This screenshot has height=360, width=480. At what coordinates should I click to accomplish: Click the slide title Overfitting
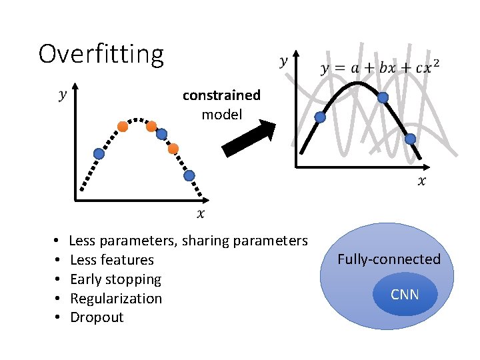click(101, 54)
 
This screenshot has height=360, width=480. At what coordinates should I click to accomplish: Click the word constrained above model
click(221, 95)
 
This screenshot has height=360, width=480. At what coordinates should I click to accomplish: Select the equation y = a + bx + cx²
click(380, 68)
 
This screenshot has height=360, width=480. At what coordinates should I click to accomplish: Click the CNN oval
click(405, 294)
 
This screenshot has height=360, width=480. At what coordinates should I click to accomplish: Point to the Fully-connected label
click(389, 259)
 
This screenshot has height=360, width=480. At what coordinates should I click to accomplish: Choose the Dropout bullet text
click(97, 317)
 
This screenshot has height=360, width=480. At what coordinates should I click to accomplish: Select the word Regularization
click(116, 298)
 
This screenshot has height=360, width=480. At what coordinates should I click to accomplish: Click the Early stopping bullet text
click(115, 279)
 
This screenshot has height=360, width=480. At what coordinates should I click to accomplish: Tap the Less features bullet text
click(111, 260)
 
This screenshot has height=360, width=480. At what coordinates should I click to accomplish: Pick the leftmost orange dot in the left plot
click(123, 126)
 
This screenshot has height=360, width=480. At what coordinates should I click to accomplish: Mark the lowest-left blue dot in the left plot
click(99, 154)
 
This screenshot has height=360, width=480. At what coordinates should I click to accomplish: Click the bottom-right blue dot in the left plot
click(189, 176)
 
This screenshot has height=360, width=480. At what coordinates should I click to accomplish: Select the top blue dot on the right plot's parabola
click(383, 97)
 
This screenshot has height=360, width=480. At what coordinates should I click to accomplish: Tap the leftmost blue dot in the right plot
click(320, 117)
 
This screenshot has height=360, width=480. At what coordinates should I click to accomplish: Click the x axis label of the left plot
click(201, 213)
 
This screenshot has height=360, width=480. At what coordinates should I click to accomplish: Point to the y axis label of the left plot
click(63, 95)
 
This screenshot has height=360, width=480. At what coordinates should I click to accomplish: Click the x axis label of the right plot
click(421, 181)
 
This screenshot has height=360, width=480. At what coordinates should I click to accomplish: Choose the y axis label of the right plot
click(283, 61)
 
